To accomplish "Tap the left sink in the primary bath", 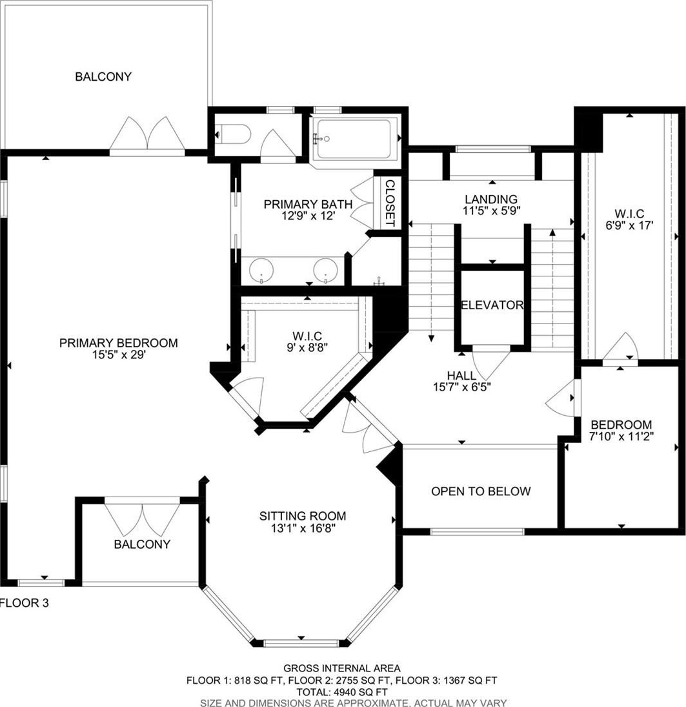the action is click(261, 270).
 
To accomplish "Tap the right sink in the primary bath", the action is click(326, 270).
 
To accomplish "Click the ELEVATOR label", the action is click(492, 305).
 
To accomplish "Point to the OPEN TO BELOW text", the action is click(481, 491).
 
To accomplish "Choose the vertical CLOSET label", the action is click(390, 203).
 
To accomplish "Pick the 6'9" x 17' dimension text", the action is click(630, 225).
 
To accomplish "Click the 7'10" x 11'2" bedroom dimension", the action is click(621, 436).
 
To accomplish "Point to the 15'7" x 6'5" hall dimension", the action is click(462, 386).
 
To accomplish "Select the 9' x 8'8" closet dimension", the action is click(307, 347).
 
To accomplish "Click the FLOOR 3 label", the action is click(25, 602).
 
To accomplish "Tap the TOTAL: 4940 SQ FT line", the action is click(342, 692).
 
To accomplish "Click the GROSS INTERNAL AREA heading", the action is click(341, 668).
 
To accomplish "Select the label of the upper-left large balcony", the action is click(103, 77).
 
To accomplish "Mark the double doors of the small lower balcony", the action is click(142, 518).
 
